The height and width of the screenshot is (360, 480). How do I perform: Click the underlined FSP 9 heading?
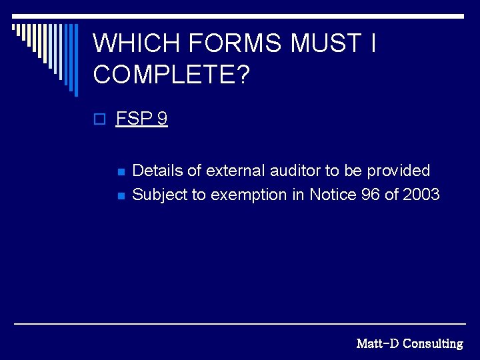pyautogui.click(x=142, y=119)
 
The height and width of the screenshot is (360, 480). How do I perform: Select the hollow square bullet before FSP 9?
pyautogui.click(x=99, y=120)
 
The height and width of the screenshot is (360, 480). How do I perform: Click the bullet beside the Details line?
pyautogui.click(x=121, y=172)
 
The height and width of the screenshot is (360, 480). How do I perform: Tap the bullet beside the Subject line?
pyautogui.click(x=121, y=196)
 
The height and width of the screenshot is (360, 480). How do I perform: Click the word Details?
pyautogui.click(x=158, y=171)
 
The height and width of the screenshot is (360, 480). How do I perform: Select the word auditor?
pyautogui.click(x=295, y=171)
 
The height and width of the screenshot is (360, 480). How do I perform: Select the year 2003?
pyautogui.click(x=421, y=195)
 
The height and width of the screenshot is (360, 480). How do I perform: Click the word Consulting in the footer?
pyautogui.click(x=433, y=344)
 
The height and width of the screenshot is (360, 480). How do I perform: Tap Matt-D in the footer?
pyautogui.click(x=377, y=344)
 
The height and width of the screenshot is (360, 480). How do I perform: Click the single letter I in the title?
pyautogui.click(x=373, y=44)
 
